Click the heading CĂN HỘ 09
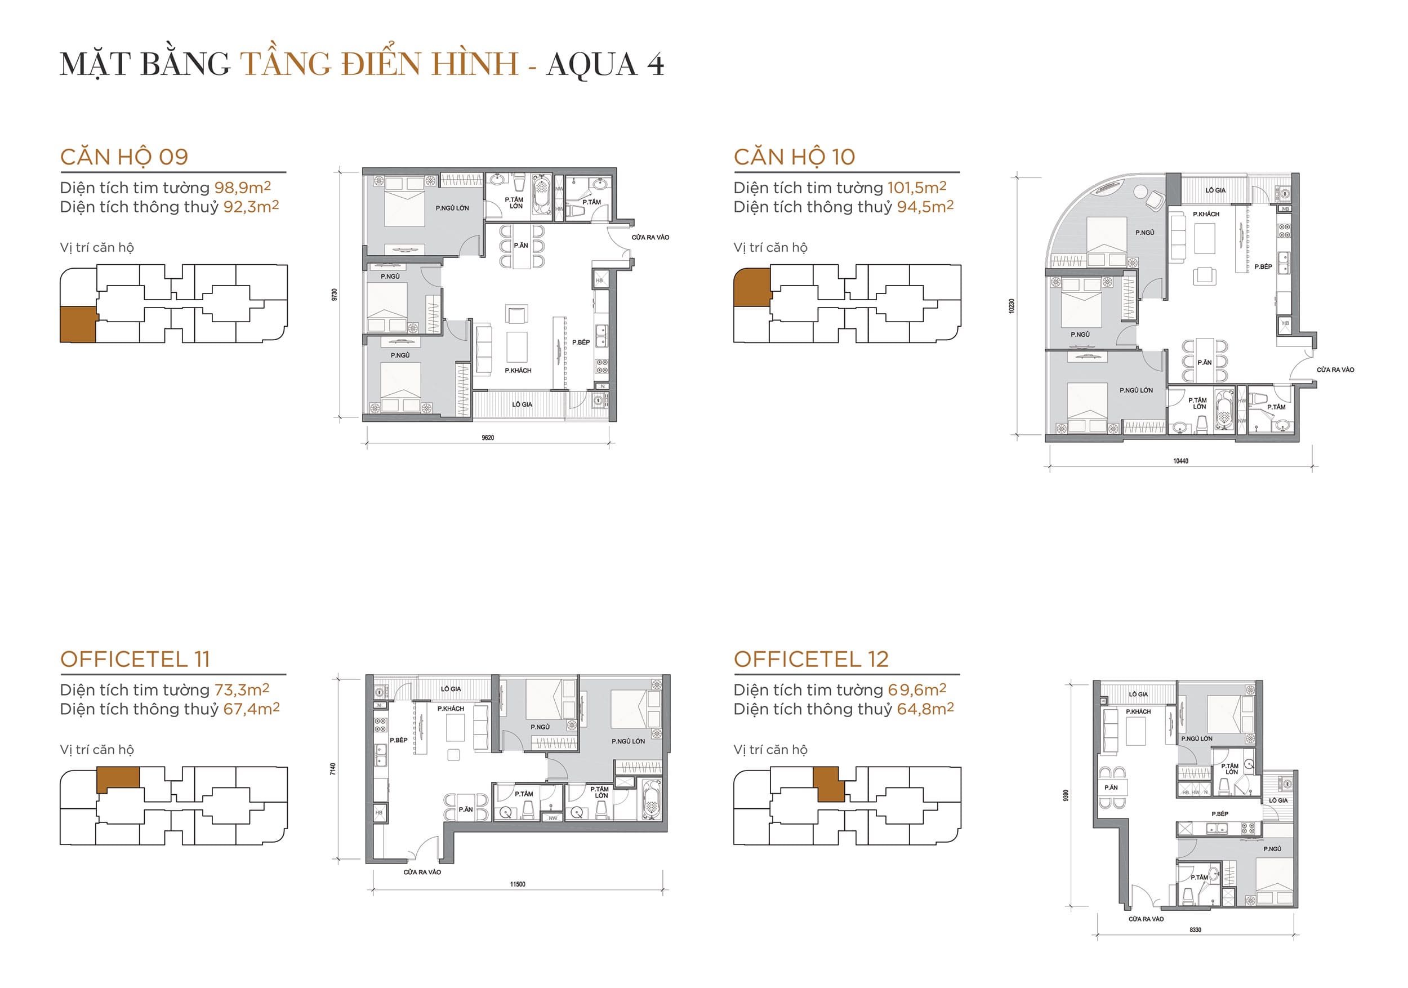pos(124,157)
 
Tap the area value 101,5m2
pos(917,188)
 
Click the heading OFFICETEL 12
pos(810,659)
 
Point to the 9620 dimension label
pos(488,438)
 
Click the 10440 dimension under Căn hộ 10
pos(1180,461)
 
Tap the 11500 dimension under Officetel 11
pos(518,884)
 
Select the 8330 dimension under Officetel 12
pos(1195,931)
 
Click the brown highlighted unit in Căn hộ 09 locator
pos(78,324)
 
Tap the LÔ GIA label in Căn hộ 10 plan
pos(1215,191)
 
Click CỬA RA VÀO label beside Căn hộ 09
pos(650,237)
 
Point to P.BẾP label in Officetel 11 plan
pos(398,740)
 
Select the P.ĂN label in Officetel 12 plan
pos(1111,787)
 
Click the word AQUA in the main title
pos(592,64)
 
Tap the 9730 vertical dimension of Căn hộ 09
pos(334,295)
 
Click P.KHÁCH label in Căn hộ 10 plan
pos(1206,214)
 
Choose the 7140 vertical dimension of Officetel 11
pos(333,768)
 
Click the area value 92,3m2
pos(251,207)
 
